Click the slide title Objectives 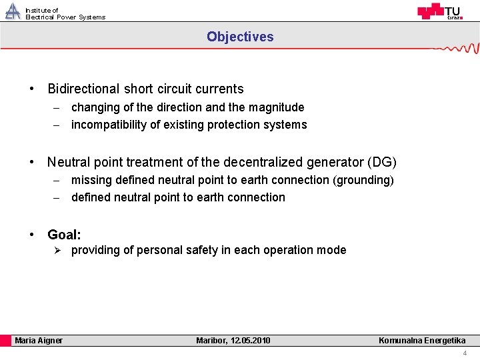[x=240, y=37]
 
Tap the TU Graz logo [x=439, y=11]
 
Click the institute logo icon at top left [x=13, y=11]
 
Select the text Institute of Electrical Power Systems [x=65, y=14]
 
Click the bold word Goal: [x=64, y=235]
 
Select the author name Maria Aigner [x=39, y=341]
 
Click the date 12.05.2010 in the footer [x=250, y=341]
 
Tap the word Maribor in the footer [x=211, y=341]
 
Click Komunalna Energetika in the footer [x=422, y=341]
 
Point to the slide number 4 [x=465, y=353]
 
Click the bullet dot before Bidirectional [x=31, y=89]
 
